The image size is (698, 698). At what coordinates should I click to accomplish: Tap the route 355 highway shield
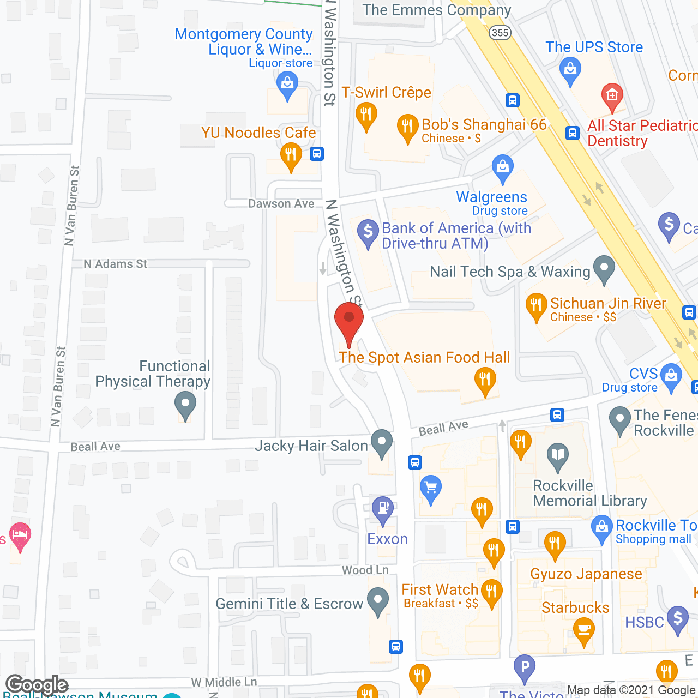tap(500, 33)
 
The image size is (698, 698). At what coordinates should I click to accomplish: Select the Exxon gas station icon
tap(383, 508)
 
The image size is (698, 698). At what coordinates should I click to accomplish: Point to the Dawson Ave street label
tap(281, 203)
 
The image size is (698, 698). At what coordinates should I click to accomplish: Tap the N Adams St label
tap(115, 264)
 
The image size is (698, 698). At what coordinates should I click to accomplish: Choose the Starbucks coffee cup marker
tap(584, 630)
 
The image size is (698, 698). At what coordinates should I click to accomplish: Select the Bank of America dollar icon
tap(368, 232)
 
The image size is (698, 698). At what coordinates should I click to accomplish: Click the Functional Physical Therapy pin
tap(185, 404)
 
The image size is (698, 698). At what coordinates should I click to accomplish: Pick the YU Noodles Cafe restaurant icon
tap(291, 155)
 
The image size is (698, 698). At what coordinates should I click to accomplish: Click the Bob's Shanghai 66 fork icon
tap(407, 127)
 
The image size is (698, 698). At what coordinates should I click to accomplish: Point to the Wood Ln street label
tap(365, 570)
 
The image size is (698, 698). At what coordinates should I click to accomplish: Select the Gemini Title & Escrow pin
tap(378, 600)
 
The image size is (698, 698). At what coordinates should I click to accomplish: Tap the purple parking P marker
tap(525, 667)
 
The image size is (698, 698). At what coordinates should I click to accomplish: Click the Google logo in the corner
tap(37, 684)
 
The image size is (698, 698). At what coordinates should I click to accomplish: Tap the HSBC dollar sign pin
tap(678, 618)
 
